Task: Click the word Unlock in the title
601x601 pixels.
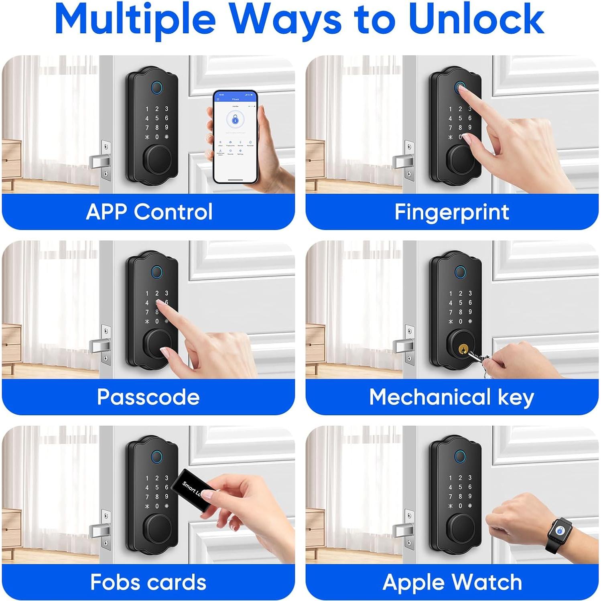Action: [477, 19]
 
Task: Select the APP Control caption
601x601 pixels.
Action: [149, 212]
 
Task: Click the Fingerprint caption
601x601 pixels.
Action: [452, 212]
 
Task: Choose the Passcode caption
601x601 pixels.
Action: [148, 397]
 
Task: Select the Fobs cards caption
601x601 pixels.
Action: [148, 582]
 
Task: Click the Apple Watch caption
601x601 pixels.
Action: [452, 582]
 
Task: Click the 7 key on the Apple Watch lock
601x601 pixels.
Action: [451, 496]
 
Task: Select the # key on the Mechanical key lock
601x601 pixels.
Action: [470, 321]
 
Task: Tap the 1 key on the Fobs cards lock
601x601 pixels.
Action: [147, 478]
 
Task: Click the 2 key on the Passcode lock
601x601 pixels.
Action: [157, 293]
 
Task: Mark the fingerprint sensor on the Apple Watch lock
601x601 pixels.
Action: [460, 456]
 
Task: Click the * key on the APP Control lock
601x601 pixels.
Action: [147, 137]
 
